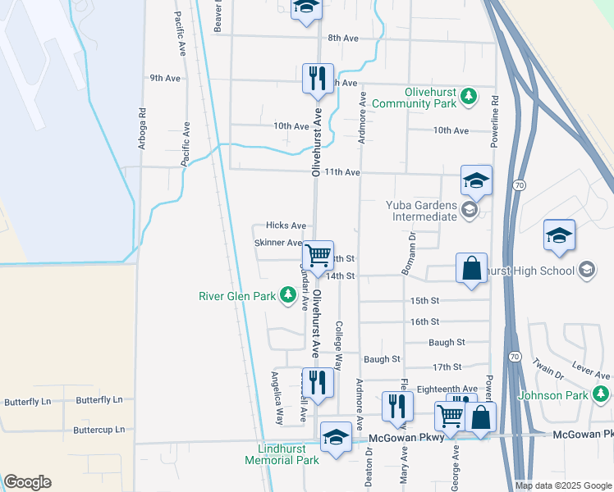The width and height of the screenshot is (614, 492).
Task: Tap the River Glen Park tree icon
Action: (x=287, y=294)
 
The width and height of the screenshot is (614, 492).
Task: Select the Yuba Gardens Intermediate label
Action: (x=421, y=211)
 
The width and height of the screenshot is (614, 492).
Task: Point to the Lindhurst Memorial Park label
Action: (x=282, y=454)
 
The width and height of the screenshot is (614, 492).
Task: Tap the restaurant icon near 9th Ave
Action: (x=318, y=79)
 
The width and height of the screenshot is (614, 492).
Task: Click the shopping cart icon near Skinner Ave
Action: (x=318, y=255)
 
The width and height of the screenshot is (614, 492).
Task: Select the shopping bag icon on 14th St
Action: (x=472, y=268)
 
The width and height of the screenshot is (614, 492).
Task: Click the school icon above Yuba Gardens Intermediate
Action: (x=476, y=180)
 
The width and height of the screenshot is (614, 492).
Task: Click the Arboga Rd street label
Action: (x=142, y=130)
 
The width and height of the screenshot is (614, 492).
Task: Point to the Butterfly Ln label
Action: (x=99, y=400)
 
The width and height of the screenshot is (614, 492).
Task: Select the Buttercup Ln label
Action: (x=99, y=429)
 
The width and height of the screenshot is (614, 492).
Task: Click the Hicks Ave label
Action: (x=286, y=225)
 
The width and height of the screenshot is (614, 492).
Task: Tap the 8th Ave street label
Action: (x=343, y=38)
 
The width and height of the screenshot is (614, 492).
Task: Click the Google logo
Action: (x=28, y=482)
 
